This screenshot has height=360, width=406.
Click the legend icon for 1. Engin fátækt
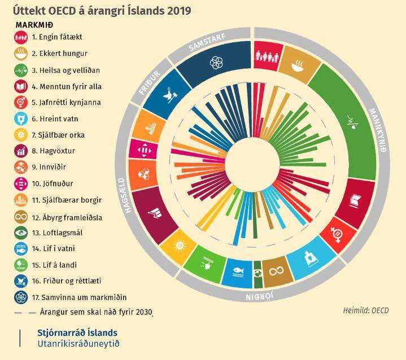(x=21, y=37)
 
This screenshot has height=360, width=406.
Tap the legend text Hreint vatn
(x=59, y=119)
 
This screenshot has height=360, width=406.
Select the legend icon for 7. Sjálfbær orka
(x=21, y=135)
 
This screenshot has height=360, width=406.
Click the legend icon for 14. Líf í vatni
(x=21, y=249)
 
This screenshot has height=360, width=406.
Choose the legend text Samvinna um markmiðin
(x=84, y=297)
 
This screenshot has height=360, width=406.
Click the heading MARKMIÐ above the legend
(x=34, y=25)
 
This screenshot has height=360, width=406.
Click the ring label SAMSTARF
(x=207, y=42)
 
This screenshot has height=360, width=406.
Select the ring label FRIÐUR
(x=150, y=83)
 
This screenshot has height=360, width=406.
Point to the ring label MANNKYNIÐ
(x=378, y=130)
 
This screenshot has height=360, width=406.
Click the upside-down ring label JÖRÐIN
(x=260, y=296)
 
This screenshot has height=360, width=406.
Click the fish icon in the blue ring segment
(x=238, y=272)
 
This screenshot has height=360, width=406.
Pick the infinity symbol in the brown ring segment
(x=276, y=271)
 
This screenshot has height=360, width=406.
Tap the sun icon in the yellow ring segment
(x=180, y=245)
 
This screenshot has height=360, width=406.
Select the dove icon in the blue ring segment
(x=170, y=95)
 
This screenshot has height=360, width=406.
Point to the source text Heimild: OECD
(x=366, y=310)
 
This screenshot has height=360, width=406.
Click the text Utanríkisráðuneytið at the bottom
(x=78, y=344)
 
